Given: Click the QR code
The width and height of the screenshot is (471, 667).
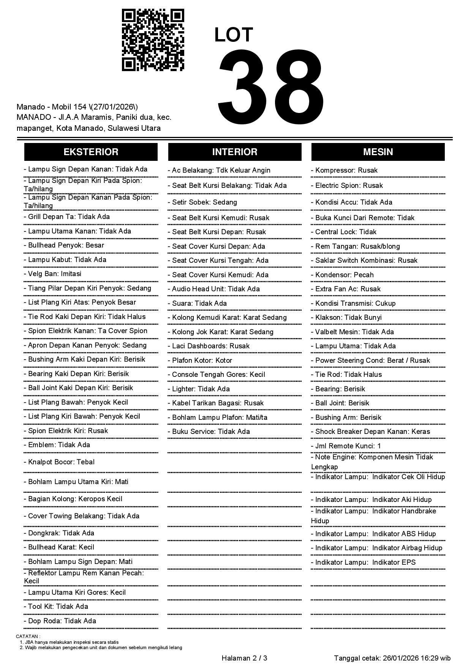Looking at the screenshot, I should [153, 40].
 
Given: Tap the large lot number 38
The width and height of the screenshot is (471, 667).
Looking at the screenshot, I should [270, 87].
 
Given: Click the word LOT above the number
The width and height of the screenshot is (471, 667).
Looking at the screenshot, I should [234, 35].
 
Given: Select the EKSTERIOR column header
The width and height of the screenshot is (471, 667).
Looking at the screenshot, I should [91, 152].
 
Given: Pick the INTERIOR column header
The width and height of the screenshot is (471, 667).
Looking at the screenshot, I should [235, 152].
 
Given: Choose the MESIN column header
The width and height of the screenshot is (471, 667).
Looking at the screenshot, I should [378, 152].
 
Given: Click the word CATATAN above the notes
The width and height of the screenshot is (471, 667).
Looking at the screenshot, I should [28, 636].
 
